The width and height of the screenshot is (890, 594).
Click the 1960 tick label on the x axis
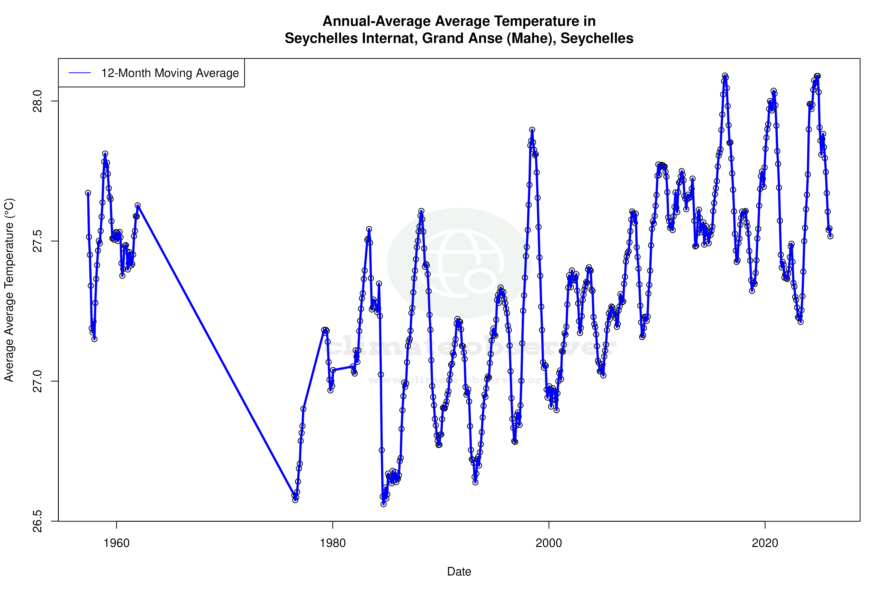tap(117, 543)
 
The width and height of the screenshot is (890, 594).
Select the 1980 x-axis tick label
tap(333, 543)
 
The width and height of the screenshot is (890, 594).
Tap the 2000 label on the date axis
tap(549, 543)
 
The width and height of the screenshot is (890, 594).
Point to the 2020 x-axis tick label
tap(765, 543)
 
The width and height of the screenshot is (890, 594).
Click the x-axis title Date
tap(459, 572)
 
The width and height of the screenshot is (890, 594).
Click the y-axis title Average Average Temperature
tap(9, 290)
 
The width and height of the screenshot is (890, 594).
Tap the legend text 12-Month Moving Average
tap(170, 73)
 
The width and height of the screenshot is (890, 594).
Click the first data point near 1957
tap(88, 193)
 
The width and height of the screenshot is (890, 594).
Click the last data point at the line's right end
tap(830, 236)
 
